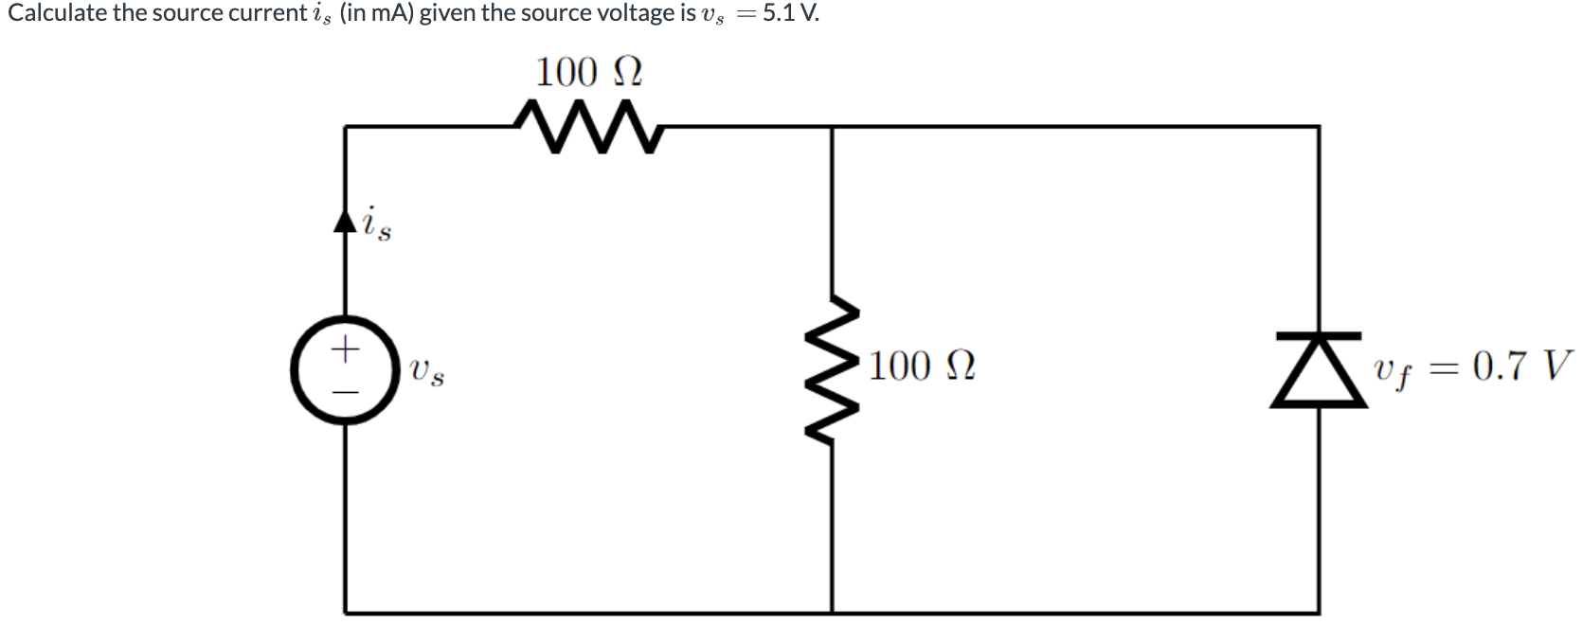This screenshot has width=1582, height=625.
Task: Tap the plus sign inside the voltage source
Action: point(346,349)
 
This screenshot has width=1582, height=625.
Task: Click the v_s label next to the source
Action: point(427,370)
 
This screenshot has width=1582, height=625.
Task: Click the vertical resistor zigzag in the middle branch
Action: point(833,369)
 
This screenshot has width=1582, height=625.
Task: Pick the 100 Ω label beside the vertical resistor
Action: point(922,366)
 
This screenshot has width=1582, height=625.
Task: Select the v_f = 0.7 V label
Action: point(1474,366)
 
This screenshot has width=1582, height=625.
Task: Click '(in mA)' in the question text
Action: point(376,14)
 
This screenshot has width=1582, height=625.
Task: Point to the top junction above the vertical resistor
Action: point(833,126)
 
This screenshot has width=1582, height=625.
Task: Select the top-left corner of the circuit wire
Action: point(346,126)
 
